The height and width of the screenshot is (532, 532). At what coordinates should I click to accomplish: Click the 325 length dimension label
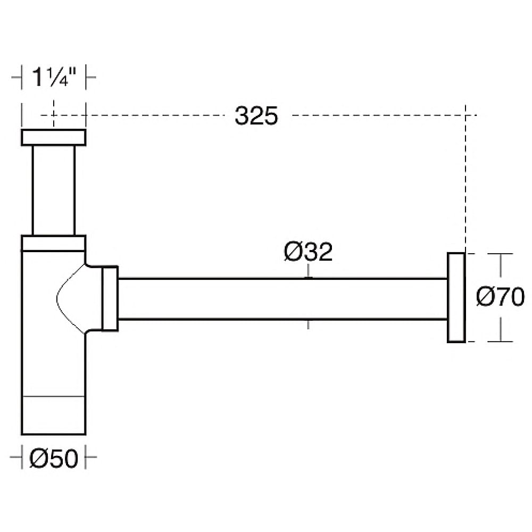click(x=256, y=115)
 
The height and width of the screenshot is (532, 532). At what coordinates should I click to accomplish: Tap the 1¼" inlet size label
click(x=53, y=77)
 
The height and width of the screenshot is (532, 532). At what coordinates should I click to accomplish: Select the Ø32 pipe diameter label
click(x=308, y=252)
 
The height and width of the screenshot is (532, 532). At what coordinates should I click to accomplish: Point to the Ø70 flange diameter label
click(x=500, y=297)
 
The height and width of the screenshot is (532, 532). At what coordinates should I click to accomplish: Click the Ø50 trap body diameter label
click(x=54, y=459)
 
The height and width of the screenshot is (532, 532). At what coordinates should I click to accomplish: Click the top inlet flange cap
click(x=54, y=137)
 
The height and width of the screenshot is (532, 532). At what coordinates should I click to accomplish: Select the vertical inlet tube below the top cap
click(x=54, y=190)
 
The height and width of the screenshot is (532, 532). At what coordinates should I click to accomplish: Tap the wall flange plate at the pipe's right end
click(x=456, y=297)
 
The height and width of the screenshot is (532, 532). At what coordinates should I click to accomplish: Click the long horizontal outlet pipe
click(x=282, y=299)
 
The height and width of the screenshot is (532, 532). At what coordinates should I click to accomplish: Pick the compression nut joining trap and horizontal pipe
click(x=110, y=298)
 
